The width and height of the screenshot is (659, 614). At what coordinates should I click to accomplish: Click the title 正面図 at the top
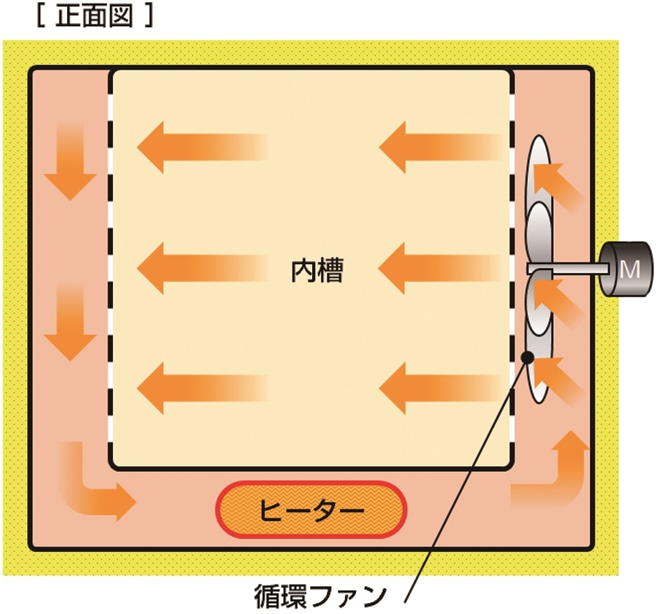94,17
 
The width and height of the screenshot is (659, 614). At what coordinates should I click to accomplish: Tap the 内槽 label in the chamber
318,270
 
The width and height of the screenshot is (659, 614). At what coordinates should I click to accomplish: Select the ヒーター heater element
311,510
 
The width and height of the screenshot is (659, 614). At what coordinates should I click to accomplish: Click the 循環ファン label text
320,597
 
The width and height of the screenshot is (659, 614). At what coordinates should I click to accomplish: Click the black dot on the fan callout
527,357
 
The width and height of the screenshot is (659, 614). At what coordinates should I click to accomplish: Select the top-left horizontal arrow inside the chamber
202,147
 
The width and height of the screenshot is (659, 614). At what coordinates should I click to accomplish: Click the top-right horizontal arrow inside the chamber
441,147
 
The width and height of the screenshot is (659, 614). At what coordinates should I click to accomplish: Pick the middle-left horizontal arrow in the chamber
202,268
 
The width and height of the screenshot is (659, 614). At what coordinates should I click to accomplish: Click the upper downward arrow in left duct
71,162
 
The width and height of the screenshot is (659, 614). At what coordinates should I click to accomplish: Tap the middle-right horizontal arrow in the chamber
441,268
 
